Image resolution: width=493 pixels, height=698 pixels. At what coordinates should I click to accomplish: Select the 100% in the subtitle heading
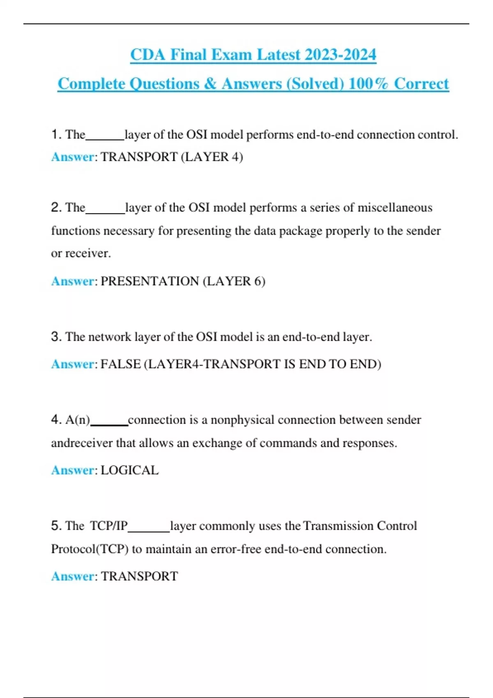pyautogui.click(x=368, y=84)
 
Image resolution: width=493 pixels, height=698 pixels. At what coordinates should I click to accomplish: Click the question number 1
pyautogui.click(x=56, y=134)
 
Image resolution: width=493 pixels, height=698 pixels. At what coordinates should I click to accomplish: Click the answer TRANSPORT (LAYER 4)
pyautogui.click(x=172, y=157)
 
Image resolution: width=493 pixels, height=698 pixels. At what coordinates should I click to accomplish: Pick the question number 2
pyautogui.click(x=56, y=207)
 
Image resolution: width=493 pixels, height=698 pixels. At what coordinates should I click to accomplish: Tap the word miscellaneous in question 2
pyautogui.click(x=395, y=207)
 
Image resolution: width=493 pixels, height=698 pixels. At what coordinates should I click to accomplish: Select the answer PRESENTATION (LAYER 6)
pyautogui.click(x=183, y=281)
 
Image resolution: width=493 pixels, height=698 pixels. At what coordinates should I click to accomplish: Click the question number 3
pyautogui.click(x=56, y=337)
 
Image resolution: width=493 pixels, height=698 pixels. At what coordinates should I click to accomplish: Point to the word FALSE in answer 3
pyautogui.click(x=120, y=364)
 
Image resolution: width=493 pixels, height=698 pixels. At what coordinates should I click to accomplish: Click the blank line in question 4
pyautogui.click(x=109, y=425)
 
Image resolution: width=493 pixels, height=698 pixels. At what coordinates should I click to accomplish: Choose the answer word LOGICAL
pyautogui.click(x=129, y=470)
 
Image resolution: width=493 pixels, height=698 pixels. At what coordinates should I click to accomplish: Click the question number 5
pyautogui.click(x=56, y=526)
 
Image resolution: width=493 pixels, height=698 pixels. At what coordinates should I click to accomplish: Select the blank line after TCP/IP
pyautogui.click(x=149, y=530)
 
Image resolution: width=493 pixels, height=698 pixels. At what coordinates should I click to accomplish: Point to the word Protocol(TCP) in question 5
pyautogui.click(x=90, y=549)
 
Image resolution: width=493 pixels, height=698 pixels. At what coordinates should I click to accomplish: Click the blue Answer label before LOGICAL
pyautogui.click(x=72, y=470)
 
